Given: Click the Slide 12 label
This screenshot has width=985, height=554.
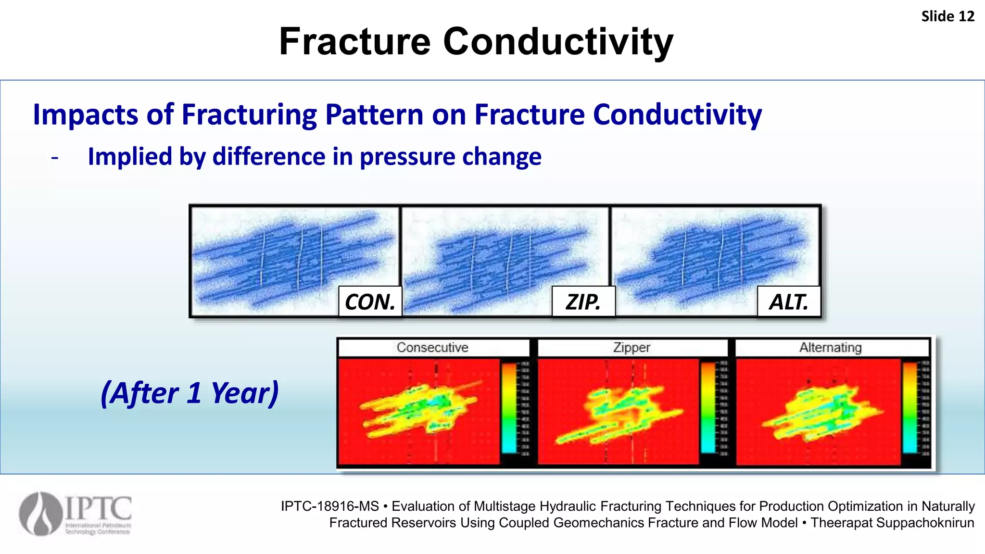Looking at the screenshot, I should pos(947,16).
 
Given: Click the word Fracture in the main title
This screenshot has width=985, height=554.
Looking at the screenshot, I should pos(354,42).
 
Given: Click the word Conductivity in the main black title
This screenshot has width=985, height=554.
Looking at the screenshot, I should pos(558,42).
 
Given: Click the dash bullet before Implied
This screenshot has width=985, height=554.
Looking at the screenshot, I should pos(55,158).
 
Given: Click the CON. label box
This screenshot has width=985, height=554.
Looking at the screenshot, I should pos(370,302).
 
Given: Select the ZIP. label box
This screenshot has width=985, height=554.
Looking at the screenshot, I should pos(583,302).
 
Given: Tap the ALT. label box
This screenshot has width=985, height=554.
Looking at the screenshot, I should pos(789,302).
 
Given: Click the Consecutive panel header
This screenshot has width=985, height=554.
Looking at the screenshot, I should pos(432,347).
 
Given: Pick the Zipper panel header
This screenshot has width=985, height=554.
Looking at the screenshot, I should pos(631,347).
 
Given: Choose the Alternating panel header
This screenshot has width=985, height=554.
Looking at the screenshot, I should pos(831,347).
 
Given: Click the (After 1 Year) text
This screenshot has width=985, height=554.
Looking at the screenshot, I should pos(190,393).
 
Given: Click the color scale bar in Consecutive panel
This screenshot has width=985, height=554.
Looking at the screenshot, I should pos(509,408).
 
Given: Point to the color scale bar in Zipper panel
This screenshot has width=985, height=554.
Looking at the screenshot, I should pos(708,408).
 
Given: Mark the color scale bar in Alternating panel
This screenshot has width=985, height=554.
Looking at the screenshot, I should pos(909,408).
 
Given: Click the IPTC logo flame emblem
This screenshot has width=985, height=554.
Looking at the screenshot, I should pos(41,514).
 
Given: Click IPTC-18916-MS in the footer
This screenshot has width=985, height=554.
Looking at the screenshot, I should pos(330,506).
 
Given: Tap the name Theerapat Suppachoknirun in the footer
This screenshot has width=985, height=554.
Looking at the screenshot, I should pos(892,523).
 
